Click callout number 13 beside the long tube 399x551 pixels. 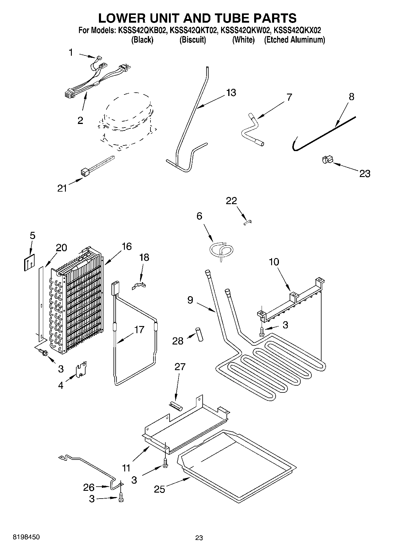coord(231,93)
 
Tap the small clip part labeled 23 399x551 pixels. coord(327,160)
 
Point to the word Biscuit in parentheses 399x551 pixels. coord(192,40)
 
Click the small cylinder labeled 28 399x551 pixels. coord(199,334)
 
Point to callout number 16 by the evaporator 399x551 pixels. coord(127,246)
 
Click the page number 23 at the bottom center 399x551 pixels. coord(199,538)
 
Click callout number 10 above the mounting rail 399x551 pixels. coord(274,262)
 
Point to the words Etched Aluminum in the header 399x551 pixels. coord(294,40)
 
